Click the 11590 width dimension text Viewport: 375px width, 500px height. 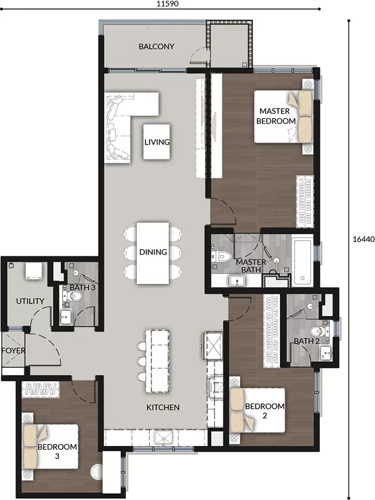[x=167, y=4]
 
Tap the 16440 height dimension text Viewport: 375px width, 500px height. [x=363, y=239]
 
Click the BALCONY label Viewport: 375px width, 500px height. [x=157, y=46]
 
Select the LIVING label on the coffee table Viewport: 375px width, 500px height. [x=157, y=142]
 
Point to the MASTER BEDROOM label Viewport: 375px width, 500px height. [x=276, y=116]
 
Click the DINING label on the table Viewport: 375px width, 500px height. [x=153, y=252]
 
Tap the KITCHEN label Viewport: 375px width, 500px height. [x=163, y=407]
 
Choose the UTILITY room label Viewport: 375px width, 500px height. [x=30, y=301]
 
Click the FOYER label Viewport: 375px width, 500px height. [x=13, y=351]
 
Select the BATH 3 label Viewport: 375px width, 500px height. [x=83, y=287]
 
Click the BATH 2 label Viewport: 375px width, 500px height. [x=306, y=341]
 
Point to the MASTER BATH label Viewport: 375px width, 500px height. [x=250, y=266]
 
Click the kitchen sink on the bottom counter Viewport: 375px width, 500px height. [x=164, y=438]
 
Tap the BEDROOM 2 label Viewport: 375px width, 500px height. [x=265, y=411]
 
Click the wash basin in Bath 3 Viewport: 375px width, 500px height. [x=66, y=317]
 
